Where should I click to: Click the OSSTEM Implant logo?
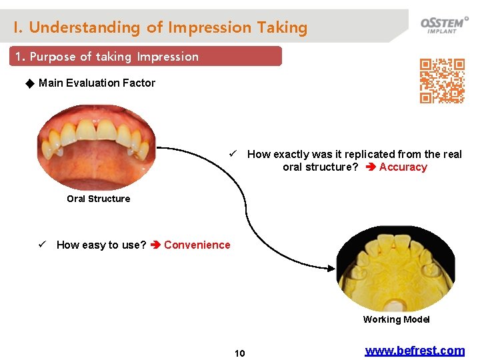tap(443, 25)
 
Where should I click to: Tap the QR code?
tap(441, 81)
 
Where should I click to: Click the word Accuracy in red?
tap(403, 167)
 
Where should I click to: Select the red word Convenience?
tap(197, 245)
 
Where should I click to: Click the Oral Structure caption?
tap(98, 199)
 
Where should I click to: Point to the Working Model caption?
tap(396, 319)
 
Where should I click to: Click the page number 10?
tap(239, 353)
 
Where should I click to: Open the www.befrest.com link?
tap(414, 351)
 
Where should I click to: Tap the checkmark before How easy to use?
tap(43, 245)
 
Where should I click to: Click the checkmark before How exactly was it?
tap(233, 154)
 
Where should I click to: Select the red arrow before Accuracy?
tap(370, 167)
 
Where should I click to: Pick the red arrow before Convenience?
tap(155, 245)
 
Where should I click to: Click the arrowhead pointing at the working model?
tap(330, 268)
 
